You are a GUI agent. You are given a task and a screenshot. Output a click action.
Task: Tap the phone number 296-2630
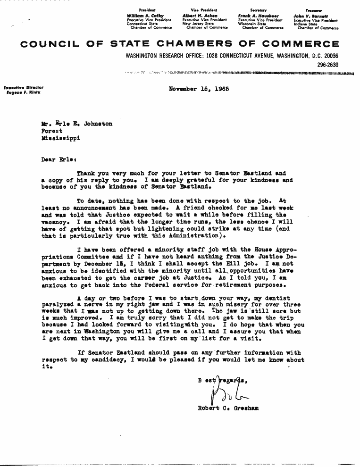pyautogui.click(x=328, y=65)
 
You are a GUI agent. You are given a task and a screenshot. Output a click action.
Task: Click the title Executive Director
pyautogui.click(x=24, y=87)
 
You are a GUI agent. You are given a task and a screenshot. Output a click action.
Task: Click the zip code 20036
pyautogui.click(x=328, y=56)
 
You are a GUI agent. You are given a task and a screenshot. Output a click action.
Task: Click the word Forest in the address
pyautogui.click(x=52, y=131)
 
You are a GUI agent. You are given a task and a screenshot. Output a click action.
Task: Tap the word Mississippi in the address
pyautogui.click(x=60, y=139)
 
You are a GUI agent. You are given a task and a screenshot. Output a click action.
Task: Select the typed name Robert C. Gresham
pyautogui.click(x=228, y=409)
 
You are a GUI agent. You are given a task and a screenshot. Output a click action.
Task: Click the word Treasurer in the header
pyautogui.click(x=314, y=10)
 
